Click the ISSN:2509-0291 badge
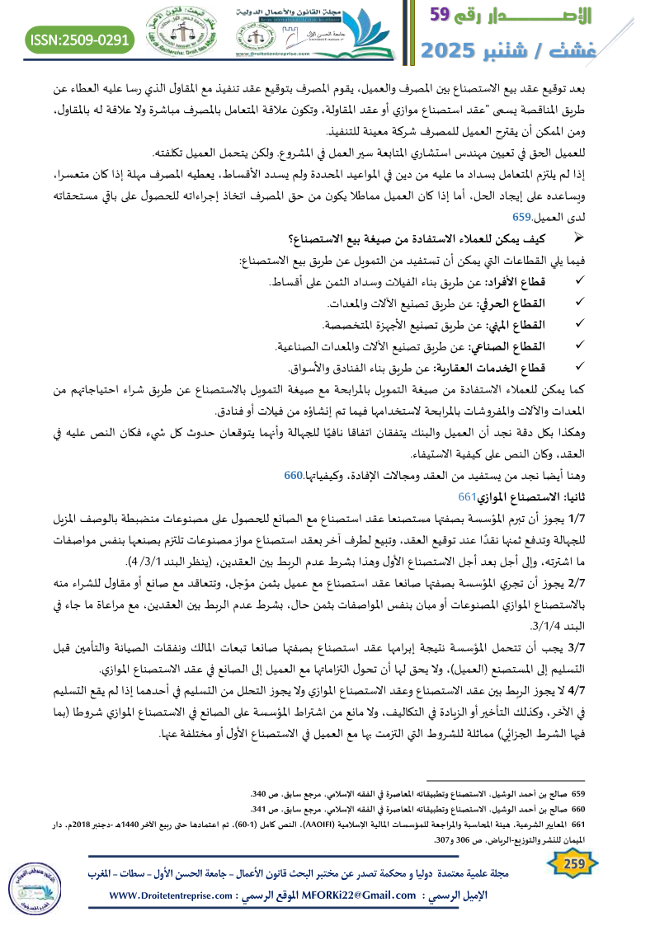[x=80, y=39]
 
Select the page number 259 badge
[x=568, y=864]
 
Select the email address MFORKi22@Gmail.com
[x=353, y=895]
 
